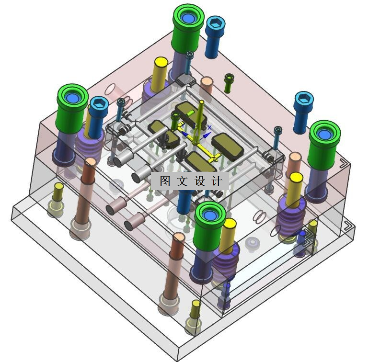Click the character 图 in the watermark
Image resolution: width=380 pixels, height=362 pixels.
[165, 181]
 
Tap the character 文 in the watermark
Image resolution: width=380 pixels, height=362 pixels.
[182, 181]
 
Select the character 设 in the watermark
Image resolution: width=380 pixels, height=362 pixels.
[200, 181]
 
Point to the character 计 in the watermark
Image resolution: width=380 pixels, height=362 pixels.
[217, 181]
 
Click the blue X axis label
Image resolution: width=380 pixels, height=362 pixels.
[209, 127]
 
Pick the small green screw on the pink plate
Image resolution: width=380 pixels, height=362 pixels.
[229, 83]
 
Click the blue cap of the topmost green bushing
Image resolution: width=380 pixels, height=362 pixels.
[188, 18]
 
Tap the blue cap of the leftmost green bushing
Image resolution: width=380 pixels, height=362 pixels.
[72, 98]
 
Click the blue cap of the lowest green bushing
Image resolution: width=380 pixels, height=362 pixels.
[209, 215]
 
